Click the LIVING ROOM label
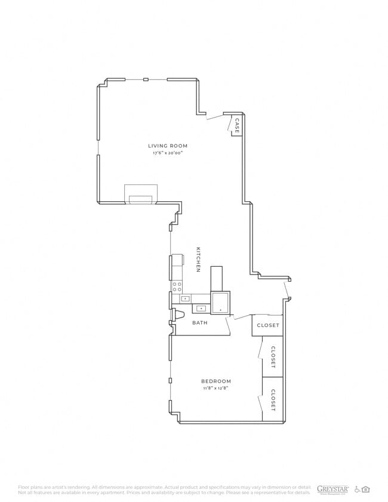coord(168,146)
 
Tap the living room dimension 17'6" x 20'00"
coord(168,153)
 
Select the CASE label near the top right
coord(237,126)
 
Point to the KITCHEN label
coord(198,259)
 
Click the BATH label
coord(200,323)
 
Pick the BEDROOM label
coord(215,381)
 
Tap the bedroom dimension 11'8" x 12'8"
coord(215,389)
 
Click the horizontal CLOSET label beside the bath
coord(267,325)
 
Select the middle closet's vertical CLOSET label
coord(273,356)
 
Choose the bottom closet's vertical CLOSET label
coord(273,400)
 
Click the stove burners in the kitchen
coord(177,287)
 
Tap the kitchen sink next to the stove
coord(186,298)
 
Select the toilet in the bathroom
coord(178,315)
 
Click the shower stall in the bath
coord(221,302)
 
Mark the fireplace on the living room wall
coord(141,195)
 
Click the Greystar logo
coord(332,489)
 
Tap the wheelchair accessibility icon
coord(358,489)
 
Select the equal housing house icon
coord(366,489)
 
